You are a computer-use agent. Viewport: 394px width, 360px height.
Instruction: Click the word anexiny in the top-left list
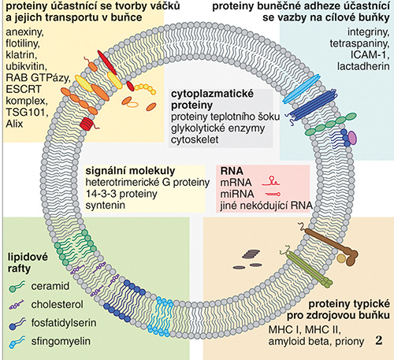click(24, 32)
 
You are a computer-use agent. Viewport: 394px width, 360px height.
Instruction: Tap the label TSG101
click(27, 113)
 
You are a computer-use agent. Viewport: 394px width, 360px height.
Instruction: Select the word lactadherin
click(363, 66)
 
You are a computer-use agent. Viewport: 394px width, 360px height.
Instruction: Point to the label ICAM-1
click(370, 54)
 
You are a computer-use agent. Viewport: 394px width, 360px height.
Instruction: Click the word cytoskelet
click(195, 139)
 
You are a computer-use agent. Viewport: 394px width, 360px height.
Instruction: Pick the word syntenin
click(106, 205)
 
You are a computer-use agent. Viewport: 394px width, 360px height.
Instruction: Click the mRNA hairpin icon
click(270, 182)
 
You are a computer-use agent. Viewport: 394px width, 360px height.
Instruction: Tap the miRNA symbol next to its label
click(273, 195)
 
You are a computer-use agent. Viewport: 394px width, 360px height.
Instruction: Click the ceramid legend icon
click(17, 286)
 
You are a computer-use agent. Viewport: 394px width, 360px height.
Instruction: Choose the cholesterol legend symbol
click(17, 305)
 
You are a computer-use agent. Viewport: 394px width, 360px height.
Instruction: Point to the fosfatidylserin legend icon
click(17, 324)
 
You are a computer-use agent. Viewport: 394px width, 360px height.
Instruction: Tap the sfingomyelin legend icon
click(17, 342)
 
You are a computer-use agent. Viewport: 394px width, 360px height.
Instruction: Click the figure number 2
click(379, 340)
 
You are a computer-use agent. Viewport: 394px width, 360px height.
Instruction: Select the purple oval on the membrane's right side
click(352, 138)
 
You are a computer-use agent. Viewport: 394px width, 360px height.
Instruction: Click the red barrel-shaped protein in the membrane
click(87, 124)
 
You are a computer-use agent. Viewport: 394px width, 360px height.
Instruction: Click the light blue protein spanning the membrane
click(301, 89)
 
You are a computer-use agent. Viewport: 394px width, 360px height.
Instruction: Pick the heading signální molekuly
click(130, 171)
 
